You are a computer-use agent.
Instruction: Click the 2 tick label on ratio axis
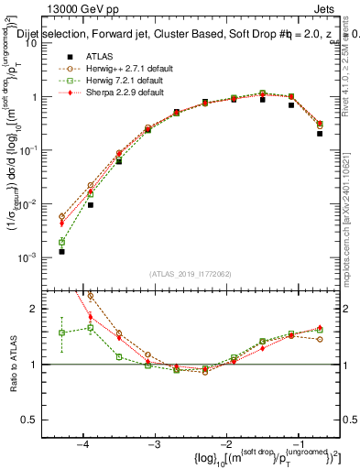(41, 309)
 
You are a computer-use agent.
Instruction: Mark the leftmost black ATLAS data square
(61, 251)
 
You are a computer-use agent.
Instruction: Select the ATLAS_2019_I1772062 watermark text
(191, 274)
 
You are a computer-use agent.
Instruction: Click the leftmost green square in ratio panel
(61, 333)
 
